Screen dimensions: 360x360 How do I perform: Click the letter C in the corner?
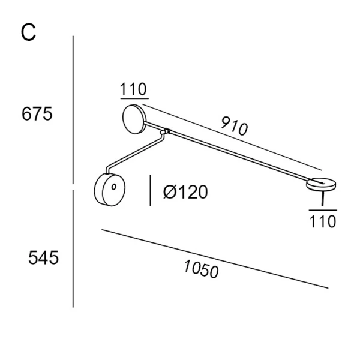pos(28,32)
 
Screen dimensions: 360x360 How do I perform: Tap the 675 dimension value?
pos(37,114)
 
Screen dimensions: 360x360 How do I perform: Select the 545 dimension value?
pos(43,258)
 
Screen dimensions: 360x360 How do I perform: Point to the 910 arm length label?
pos(235,126)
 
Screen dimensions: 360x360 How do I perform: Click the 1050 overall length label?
pos(201,269)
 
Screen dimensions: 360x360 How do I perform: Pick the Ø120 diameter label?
pos(185,192)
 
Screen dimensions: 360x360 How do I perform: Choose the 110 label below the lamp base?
pos(323,221)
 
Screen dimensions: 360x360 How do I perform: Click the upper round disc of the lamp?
pos(134,119)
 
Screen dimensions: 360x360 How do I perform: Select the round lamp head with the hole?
pos(110,190)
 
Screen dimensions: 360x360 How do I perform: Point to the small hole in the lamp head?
pos(113,187)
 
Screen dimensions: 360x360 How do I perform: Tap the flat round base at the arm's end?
pos(321,184)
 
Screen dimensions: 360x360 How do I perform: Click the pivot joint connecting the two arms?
pos(166,132)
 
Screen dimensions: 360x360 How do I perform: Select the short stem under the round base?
pos(323,199)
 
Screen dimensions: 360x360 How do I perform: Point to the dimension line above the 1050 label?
pos(215,259)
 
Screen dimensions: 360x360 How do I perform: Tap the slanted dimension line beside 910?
pos(232,137)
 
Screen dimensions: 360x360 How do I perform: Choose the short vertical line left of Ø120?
pos(150,191)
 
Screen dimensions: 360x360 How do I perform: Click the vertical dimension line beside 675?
pos(73,110)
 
